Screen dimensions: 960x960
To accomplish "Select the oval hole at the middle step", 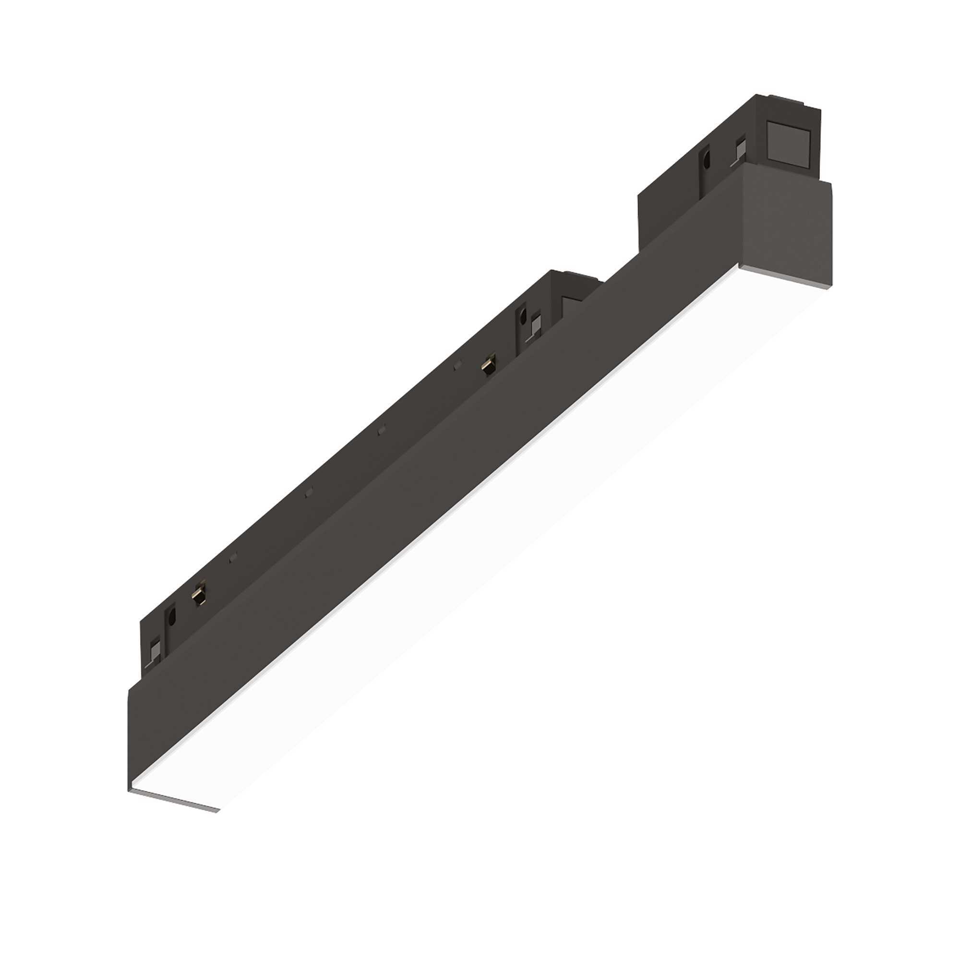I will click(523, 315).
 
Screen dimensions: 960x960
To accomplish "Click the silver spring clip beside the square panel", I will click(739, 148).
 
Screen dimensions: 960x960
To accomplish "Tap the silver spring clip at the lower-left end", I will click(156, 649).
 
